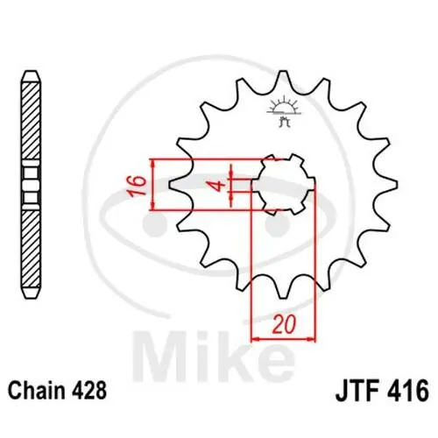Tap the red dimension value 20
[x=280, y=325]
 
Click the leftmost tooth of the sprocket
[x=172, y=185]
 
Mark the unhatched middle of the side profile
[x=32, y=185]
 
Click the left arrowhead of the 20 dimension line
[x=257, y=338]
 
